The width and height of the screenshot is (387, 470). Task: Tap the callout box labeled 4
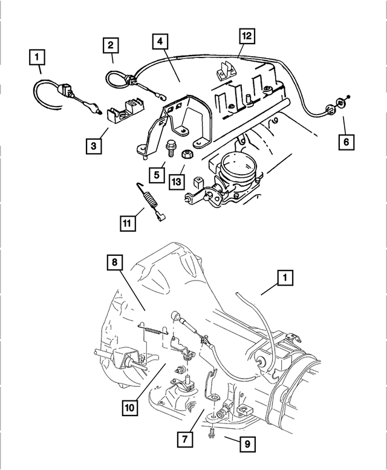pos(160,42)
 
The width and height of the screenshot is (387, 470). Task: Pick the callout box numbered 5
pos(156,175)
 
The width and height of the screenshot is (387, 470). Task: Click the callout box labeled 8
pos(115,263)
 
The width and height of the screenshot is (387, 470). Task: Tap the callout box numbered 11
pos(128,223)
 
